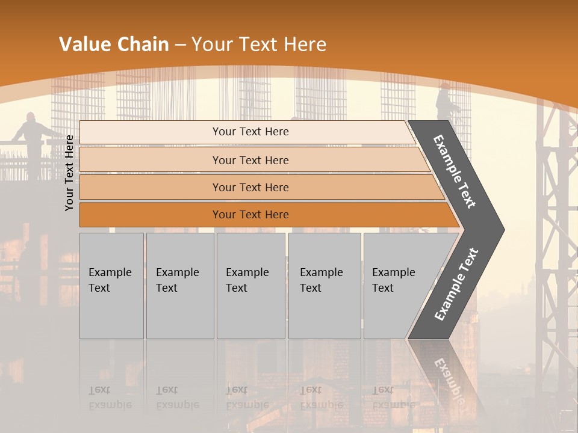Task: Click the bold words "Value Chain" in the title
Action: [x=114, y=45]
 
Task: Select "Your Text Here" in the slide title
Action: [x=259, y=45]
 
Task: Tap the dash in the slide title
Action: [x=180, y=45]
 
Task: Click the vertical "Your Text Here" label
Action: [x=70, y=173]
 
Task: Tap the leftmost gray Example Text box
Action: [x=111, y=286]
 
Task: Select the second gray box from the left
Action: [x=179, y=286]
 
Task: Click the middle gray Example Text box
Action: [x=250, y=286]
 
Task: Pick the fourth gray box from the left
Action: [x=325, y=286]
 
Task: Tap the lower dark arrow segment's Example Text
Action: [x=456, y=284]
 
